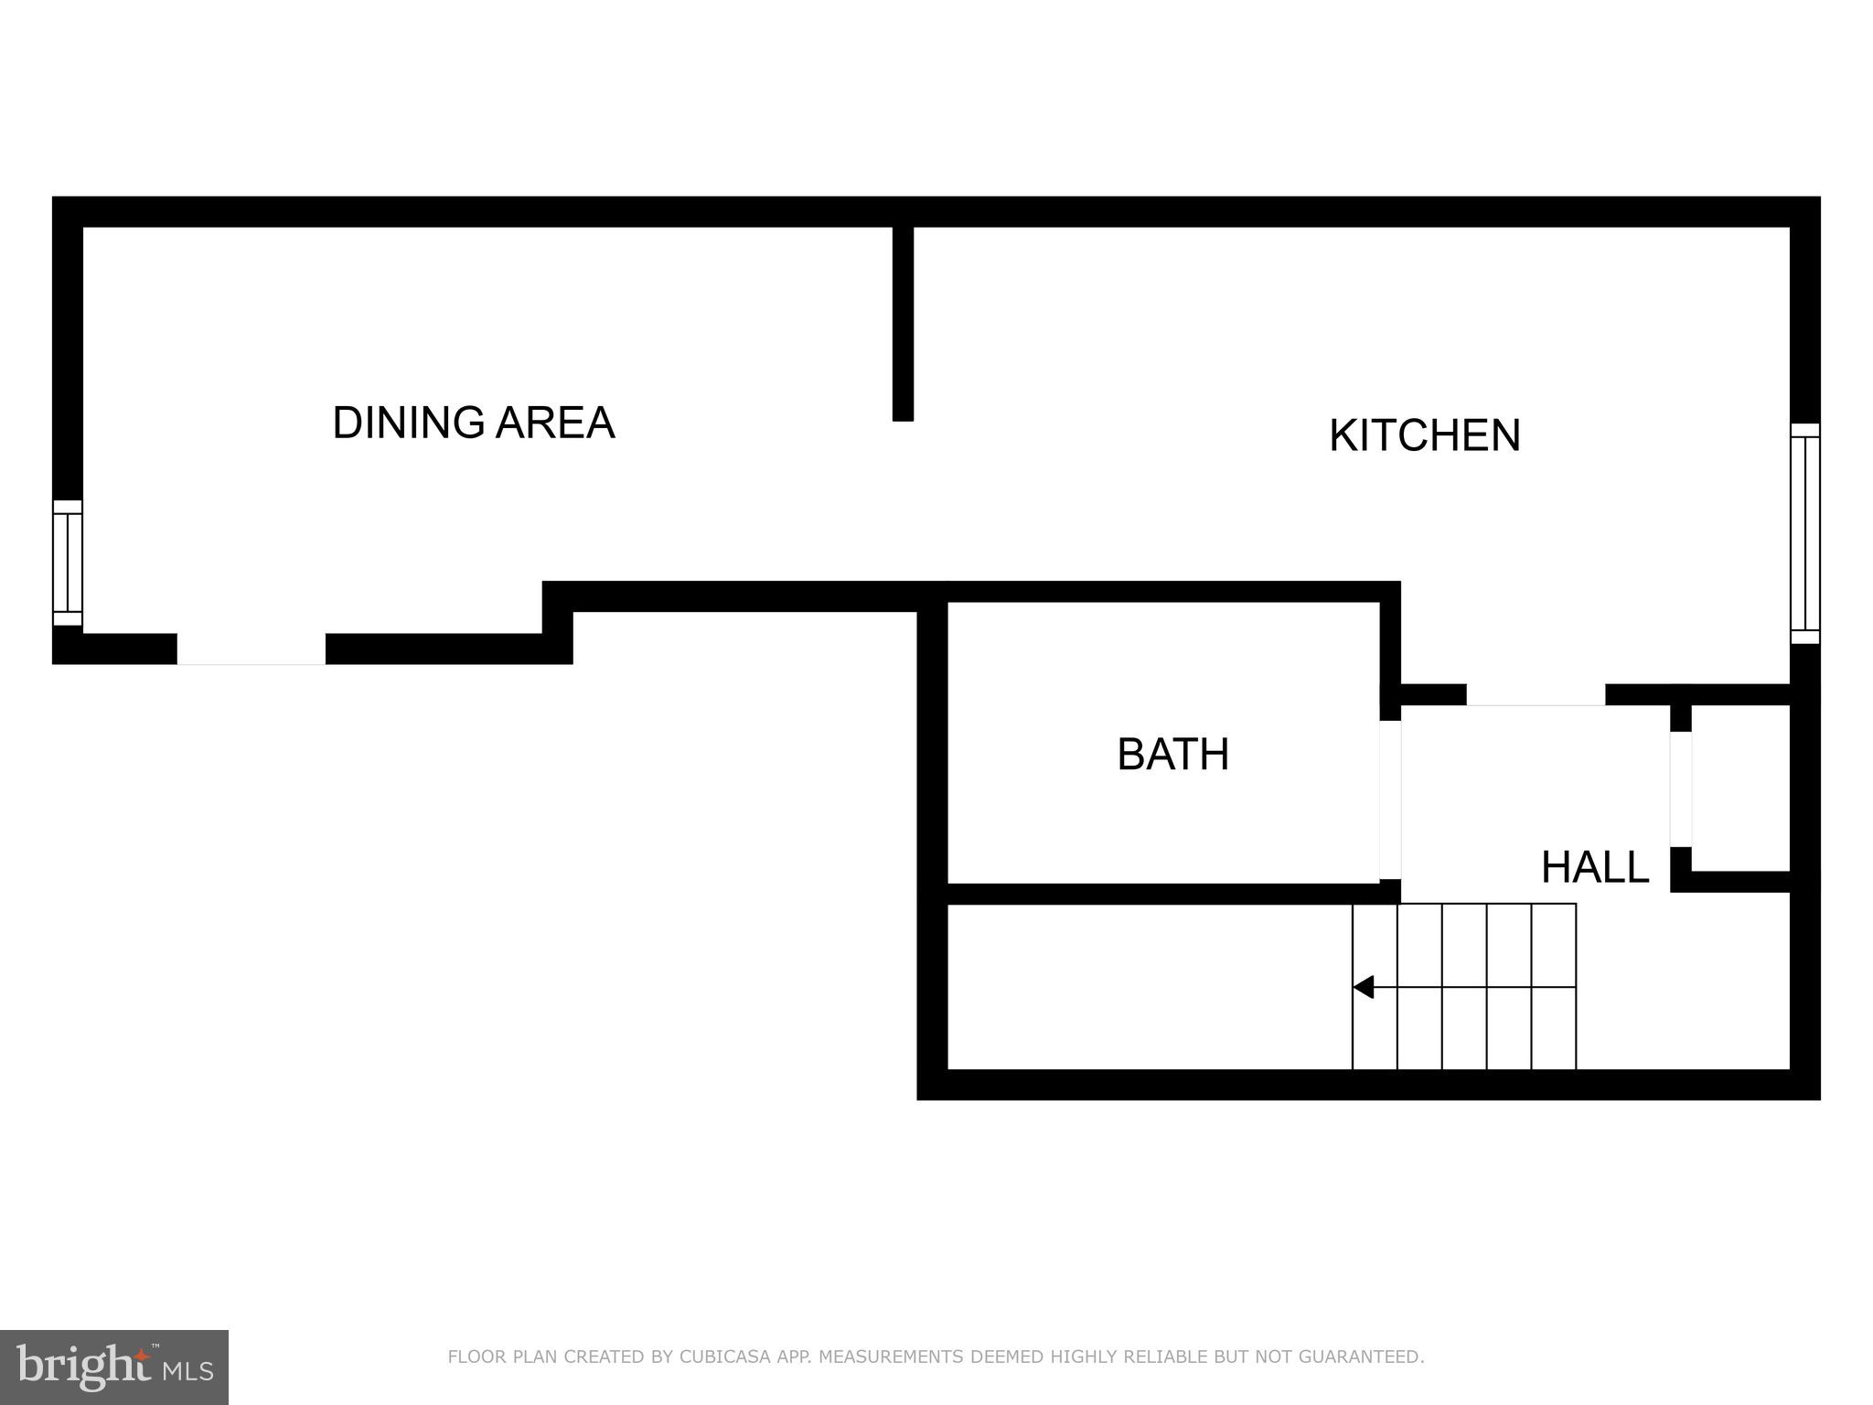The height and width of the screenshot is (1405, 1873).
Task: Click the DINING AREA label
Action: (x=473, y=423)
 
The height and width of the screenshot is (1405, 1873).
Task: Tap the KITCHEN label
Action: (x=1424, y=435)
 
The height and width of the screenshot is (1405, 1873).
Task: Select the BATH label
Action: (x=1172, y=755)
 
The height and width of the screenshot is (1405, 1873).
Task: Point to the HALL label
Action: (x=1594, y=867)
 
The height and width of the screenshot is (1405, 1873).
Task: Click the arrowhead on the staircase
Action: (x=1364, y=987)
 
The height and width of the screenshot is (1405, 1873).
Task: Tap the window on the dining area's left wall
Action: (x=68, y=563)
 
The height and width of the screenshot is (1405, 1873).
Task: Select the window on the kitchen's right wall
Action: (x=1804, y=533)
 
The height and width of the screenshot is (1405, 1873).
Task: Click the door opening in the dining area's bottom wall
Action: (x=251, y=649)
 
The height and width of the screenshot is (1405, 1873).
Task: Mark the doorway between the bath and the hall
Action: (x=1390, y=799)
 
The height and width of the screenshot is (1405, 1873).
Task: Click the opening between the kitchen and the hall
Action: (x=1536, y=695)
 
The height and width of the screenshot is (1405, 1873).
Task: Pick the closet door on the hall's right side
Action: (x=1681, y=788)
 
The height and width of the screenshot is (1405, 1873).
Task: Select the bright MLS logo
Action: (x=114, y=1367)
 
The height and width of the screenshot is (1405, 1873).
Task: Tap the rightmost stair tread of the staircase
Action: (x=1554, y=986)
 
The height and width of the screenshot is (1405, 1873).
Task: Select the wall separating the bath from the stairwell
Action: (x=1161, y=894)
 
